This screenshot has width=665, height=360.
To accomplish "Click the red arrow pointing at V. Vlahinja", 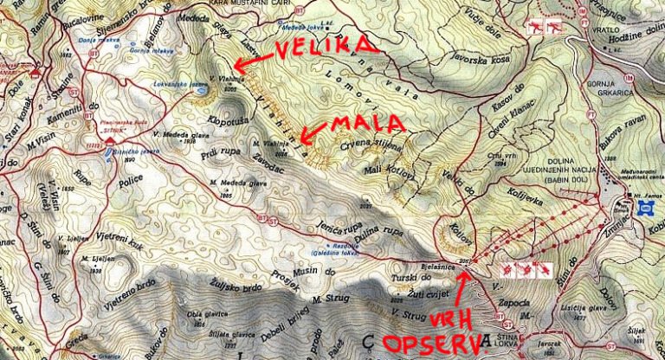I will [x=251, y=61].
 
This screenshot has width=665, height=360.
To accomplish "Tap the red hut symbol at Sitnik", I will [x=93, y=139].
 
